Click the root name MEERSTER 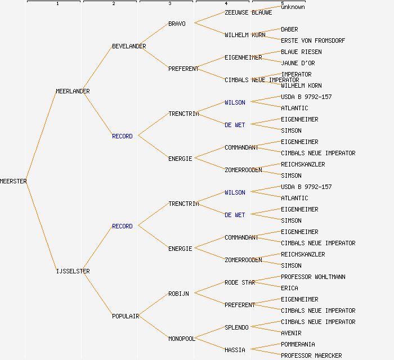coord(14,181)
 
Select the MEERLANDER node coord(73,91)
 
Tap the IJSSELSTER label coord(73,271)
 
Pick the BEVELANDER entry coord(129,46)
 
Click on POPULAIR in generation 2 coord(126,316)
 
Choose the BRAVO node coord(177,24)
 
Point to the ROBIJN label coord(178,294)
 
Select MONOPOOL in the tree coord(182,339)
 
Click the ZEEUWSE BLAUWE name coord(248,12)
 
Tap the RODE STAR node coord(240,282)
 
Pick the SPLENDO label coord(236,327)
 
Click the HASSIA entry coord(235,350)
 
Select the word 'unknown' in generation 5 coord(293,7)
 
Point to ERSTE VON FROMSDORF coord(313,40)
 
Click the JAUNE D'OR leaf coord(298,63)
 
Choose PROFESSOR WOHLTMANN coord(313,277)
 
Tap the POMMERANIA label coord(298,344)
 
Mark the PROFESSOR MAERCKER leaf coord(311,355)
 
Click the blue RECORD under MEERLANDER coord(122,136)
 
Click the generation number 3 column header coord(169,4)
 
